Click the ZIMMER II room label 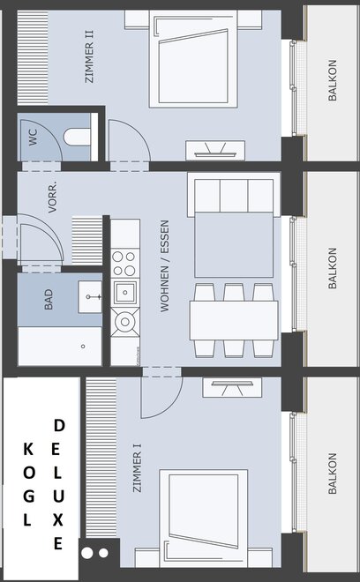click(89, 56)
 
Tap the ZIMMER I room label click(137, 467)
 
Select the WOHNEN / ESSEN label click(165, 265)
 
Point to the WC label click(33, 137)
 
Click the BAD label click(49, 300)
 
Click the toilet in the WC click(78, 137)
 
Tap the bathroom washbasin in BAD click(90, 296)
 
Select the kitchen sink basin click(125, 293)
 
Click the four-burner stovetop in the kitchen click(124, 264)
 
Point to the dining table click(234, 320)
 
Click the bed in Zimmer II click(193, 59)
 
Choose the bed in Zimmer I click(204, 519)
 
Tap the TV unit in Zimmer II click(215, 150)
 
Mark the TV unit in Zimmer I click(232, 387)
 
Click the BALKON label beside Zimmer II click(333, 80)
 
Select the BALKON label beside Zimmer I click(333, 474)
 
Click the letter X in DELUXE click(57, 520)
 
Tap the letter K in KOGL click(28, 449)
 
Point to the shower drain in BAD click(83, 347)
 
